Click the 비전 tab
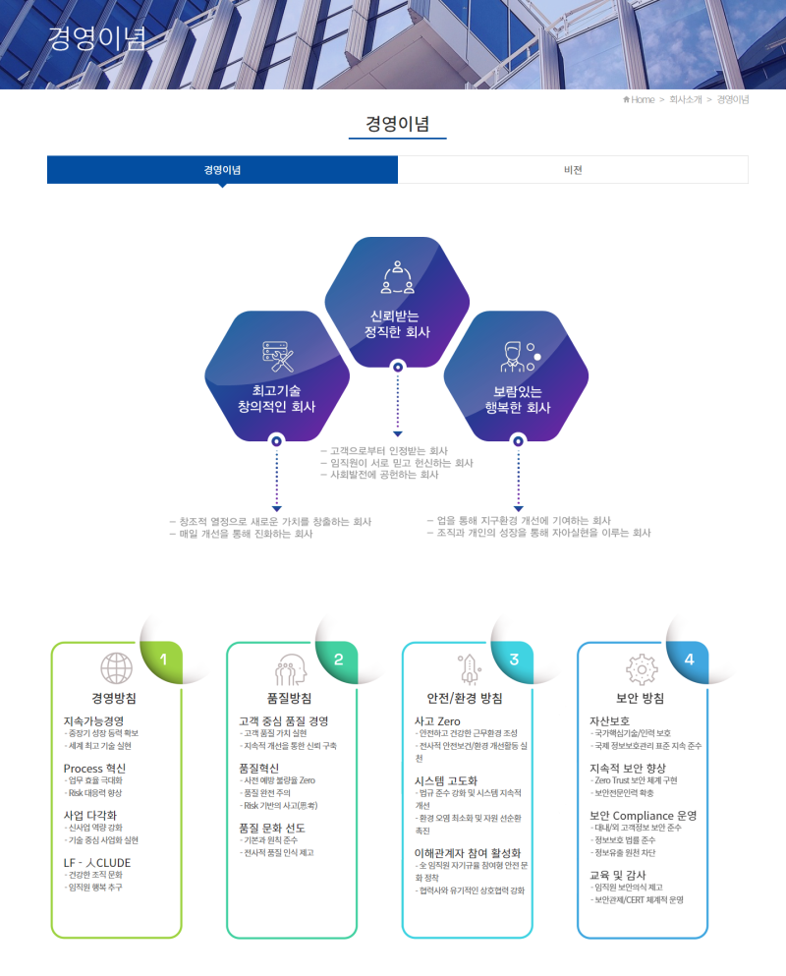(x=573, y=170)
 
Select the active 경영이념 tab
(x=223, y=170)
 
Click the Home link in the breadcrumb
(x=639, y=99)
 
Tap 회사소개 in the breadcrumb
(x=686, y=99)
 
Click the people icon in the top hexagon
(x=397, y=278)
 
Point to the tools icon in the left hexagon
(x=277, y=356)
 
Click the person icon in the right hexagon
(x=517, y=356)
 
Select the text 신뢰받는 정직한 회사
(x=397, y=323)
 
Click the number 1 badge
(x=164, y=660)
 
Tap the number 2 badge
(x=339, y=660)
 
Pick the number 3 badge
(x=514, y=660)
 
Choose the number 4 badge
(x=689, y=660)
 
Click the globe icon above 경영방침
(x=116, y=668)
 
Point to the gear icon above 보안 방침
(x=641, y=668)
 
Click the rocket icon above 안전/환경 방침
(x=467, y=668)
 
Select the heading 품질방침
(x=290, y=698)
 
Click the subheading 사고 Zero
(x=437, y=721)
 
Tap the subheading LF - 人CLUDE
(x=96, y=863)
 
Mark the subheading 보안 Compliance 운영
(x=643, y=816)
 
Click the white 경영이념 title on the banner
(x=96, y=39)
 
